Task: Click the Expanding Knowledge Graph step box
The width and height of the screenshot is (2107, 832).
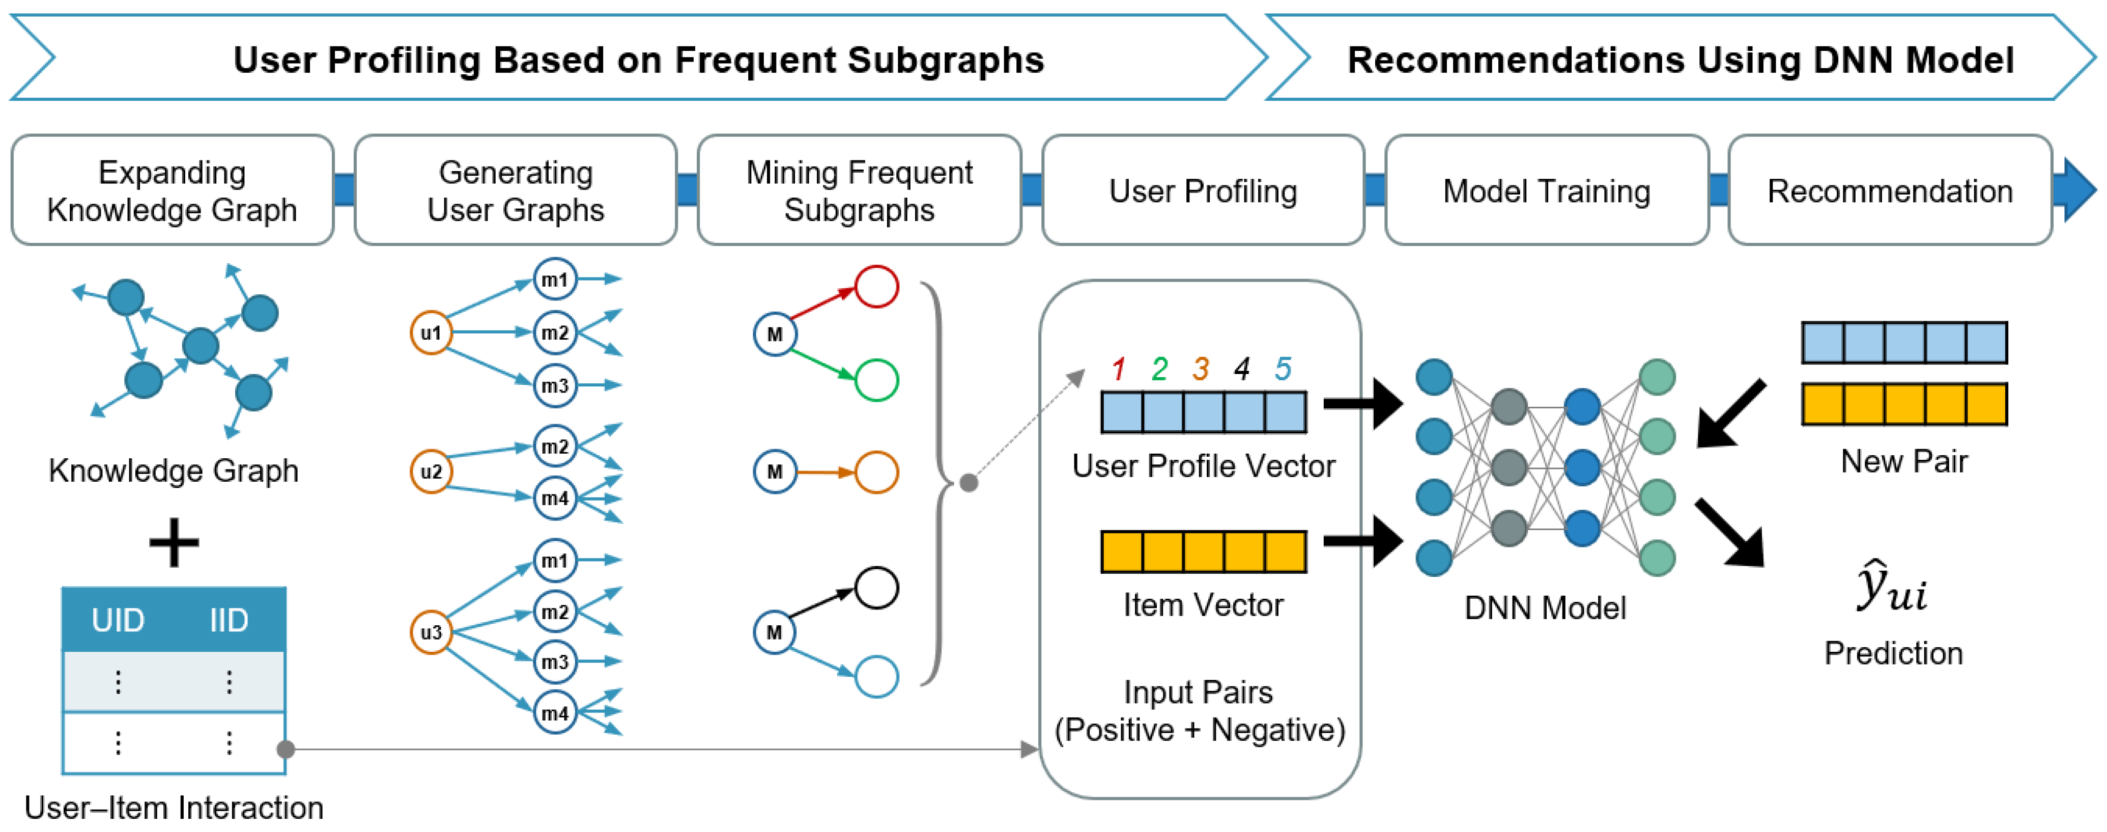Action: pyautogui.click(x=173, y=190)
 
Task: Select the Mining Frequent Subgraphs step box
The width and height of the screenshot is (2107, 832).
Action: pyautogui.click(x=859, y=190)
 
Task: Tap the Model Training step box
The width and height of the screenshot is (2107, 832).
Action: pyautogui.click(x=1546, y=190)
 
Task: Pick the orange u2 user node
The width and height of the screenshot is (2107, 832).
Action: pyautogui.click(x=431, y=471)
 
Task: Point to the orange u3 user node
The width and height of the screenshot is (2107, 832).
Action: pyautogui.click(x=431, y=632)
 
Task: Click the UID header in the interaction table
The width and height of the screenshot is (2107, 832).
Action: pyautogui.click(x=118, y=620)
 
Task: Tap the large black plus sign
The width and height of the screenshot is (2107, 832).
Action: pyautogui.click(x=174, y=542)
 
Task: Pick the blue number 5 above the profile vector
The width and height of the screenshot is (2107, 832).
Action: pyautogui.click(x=1283, y=369)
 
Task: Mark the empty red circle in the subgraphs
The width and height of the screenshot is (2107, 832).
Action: pyautogui.click(x=877, y=286)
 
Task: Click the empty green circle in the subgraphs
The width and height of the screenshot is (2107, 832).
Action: pyautogui.click(x=877, y=380)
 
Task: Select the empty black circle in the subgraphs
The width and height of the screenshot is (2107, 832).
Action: pyautogui.click(x=877, y=588)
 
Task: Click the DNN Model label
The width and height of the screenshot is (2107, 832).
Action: pyautogui.click(x=1545, y=608)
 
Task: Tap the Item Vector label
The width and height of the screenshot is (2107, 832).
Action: pyautogui.click(x=1203, y=605)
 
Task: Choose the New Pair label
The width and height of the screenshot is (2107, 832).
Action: pyautogui.click(x=1904, y=461)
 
